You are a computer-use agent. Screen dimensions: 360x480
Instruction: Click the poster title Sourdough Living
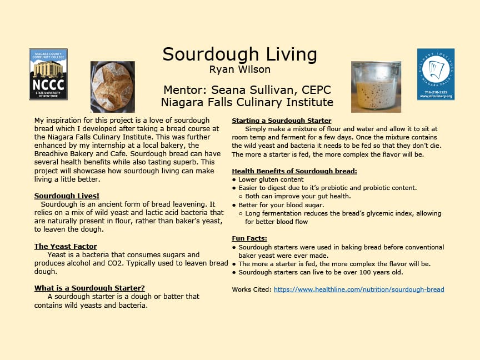coord(239,54)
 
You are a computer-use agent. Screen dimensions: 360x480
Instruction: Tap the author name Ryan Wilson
coord(239,69)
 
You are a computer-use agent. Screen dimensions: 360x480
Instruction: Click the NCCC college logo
coord(48,74)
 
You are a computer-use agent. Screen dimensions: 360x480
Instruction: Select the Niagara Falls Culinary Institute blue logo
coord(436,74)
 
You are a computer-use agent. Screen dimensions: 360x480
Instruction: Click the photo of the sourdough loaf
coord(113,87)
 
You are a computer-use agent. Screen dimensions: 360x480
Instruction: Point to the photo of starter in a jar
coord(376,87)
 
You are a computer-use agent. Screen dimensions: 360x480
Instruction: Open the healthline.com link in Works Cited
coord(359,289)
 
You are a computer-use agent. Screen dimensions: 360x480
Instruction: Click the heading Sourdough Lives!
coord(67,196)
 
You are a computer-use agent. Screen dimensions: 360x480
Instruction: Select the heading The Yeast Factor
coord(66,246)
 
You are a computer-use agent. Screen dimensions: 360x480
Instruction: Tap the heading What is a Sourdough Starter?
coord(89,288)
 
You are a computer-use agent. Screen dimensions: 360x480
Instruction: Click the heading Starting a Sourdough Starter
coord(281,121)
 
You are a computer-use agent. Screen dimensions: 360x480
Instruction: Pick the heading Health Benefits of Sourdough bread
coord(294,171)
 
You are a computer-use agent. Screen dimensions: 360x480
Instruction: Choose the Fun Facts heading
coord(249,238)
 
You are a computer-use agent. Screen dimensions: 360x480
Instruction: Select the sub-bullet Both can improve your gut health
coord(295,196)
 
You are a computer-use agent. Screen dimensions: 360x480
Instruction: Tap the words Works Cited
coord(251,289)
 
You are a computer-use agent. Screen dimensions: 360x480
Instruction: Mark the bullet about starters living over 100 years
coord(321,272)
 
